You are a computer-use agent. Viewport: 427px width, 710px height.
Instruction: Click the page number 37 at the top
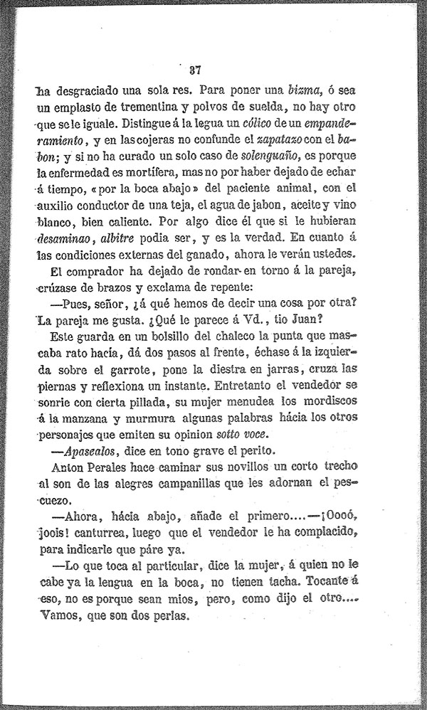196,70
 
